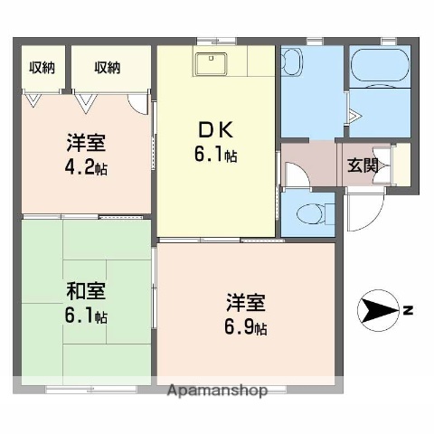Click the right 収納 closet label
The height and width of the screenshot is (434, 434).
point(106,67)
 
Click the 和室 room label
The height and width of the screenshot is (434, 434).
point(86,292)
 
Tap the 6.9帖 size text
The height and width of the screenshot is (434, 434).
point(247,327)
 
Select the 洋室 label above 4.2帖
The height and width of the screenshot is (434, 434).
point(86,142)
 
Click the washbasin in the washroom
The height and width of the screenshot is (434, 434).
point(292,64)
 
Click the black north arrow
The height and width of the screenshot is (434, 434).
point(378,312)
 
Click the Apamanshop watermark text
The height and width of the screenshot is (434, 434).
point(217,392)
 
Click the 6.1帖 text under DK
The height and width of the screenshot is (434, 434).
point(215,156)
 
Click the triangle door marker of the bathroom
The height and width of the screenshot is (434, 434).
point(355,115)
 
